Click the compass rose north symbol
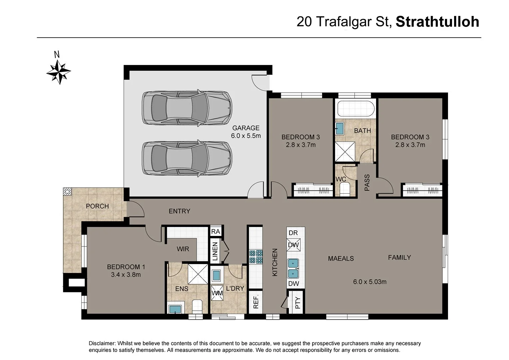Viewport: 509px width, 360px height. [58, 71]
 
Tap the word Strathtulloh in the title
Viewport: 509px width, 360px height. [437, 22]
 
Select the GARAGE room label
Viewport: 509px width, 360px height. [246, 128]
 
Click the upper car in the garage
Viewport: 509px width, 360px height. [187, 108]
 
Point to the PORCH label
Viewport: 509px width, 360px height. [97, 206]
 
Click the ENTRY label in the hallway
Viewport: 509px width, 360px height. [179, 211]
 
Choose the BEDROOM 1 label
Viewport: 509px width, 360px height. [126, 267]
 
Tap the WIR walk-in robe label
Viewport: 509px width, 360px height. [183, 249]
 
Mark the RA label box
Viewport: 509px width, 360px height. [216, 231]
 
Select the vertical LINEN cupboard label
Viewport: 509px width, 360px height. [215, 251]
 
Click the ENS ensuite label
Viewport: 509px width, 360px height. [182, 289]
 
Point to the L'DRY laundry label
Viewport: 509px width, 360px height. [235, 288]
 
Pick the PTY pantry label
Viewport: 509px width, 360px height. [298, 302]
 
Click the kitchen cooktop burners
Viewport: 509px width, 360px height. [256, 257]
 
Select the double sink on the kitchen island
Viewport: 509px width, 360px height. [293, 269]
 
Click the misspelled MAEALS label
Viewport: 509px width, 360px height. [341, 259]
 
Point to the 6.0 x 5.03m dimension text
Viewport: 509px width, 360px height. [370, 282]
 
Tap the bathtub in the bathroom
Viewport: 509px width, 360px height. [356, 109]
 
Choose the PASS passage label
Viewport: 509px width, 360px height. [367, 182]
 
